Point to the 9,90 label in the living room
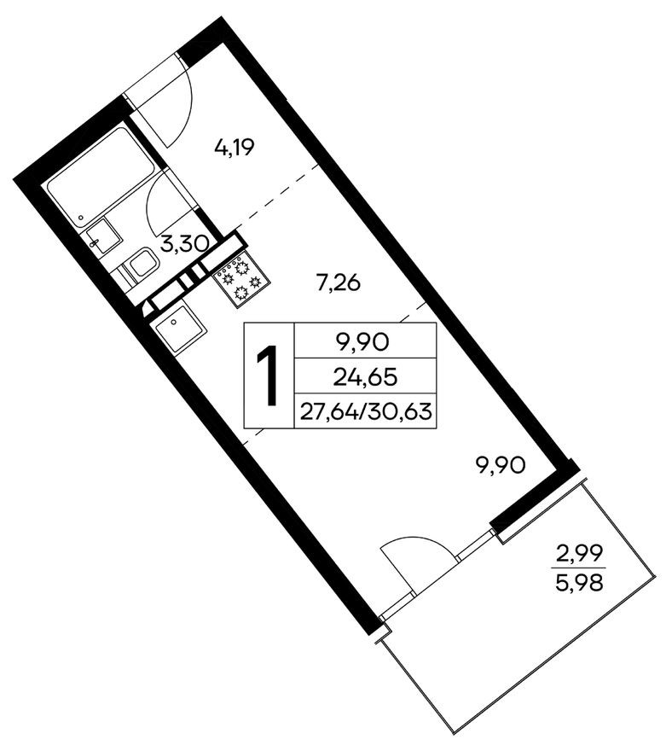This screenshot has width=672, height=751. [501, 465]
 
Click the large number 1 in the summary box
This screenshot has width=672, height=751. [269, 375]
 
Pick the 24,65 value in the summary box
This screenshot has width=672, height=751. [364, 375]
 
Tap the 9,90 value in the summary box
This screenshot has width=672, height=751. [364, 343]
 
